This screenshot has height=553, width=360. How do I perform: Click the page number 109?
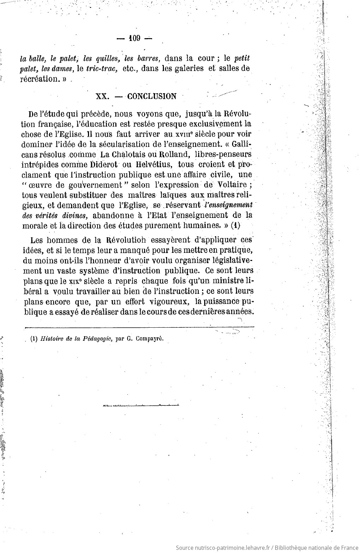tap(135, 38)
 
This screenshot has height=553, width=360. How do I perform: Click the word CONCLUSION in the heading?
tap(152, 96)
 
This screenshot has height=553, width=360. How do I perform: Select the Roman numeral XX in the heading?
tap(102, 96)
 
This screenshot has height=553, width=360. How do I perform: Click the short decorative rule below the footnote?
tap(141, 405)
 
